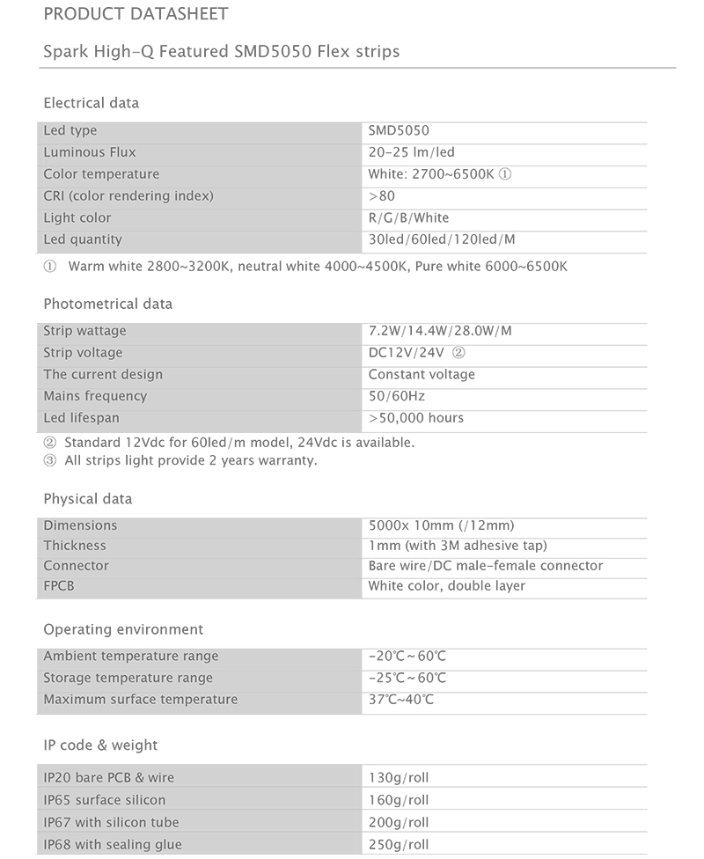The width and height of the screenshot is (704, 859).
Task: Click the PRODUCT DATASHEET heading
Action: pos(136,14)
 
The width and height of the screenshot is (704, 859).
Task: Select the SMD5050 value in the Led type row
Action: pos(399,131)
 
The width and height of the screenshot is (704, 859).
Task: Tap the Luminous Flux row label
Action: pos(90,152)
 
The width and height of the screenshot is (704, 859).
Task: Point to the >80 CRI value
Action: pos(382,196)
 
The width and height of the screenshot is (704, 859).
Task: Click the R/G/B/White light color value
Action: pos(408,217)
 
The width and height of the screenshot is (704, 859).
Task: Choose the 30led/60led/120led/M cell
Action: pos(442,239)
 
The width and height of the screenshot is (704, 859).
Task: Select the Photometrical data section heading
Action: pos(108,304)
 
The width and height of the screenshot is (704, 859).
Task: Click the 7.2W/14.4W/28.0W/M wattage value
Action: pos(440,331)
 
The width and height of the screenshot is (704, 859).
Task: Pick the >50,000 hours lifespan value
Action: pos(416,418)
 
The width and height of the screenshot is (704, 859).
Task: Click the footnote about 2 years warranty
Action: pos(180,460)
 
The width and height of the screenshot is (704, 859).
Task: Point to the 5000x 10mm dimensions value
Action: pos(441,525)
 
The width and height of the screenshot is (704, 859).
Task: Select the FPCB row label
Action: pos(59,586)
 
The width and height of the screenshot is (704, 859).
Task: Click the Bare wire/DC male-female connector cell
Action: pos(486,565)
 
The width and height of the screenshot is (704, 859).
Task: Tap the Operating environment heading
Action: pos(123,629)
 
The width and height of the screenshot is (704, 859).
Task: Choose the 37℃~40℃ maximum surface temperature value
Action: pos(401,700)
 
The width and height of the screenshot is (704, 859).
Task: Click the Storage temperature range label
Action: pos(128,678)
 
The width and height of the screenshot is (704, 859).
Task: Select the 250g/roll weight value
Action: pos(399,845)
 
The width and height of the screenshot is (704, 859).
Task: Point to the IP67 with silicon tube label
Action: pos(111,822)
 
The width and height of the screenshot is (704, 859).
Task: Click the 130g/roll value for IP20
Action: pos(399,778)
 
